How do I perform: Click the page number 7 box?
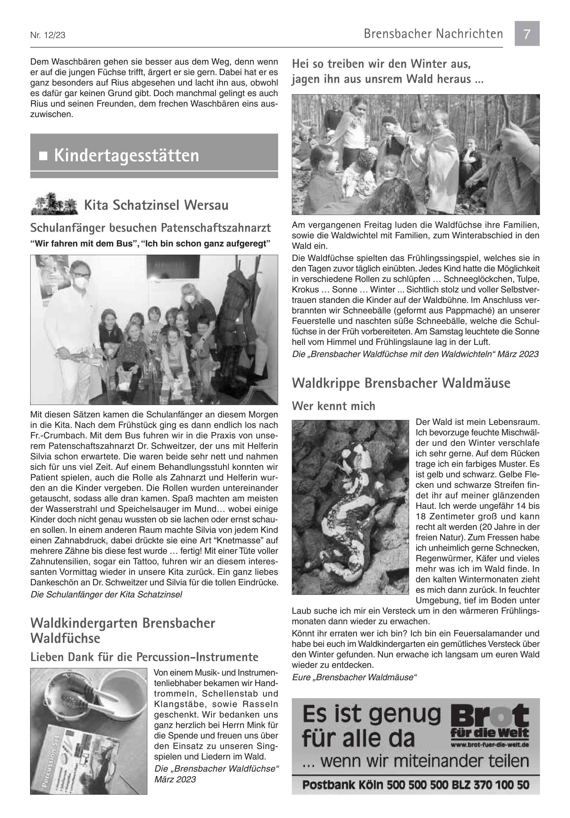[x=527, y=34]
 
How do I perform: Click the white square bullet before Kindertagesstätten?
[x=43, y=156]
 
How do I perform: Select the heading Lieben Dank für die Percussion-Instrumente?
[x=144, y=657]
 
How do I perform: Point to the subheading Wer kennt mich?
[x=333, y=406]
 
